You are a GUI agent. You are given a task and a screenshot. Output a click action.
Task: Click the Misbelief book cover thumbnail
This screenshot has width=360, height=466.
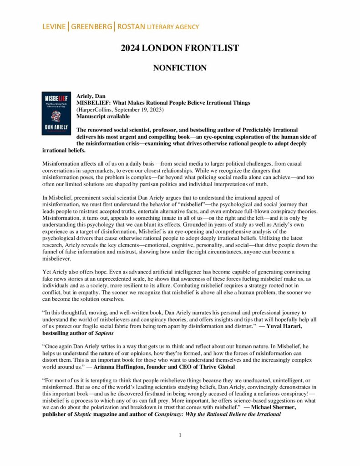tap(56, 113)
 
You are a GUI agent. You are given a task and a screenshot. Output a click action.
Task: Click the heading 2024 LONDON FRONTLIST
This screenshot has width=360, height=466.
tap(180, 48)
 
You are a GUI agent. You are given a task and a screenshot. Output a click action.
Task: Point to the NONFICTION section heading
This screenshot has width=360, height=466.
tap(180, 68)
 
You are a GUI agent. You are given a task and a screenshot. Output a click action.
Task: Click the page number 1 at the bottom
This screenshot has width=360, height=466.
tap(180, 435)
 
